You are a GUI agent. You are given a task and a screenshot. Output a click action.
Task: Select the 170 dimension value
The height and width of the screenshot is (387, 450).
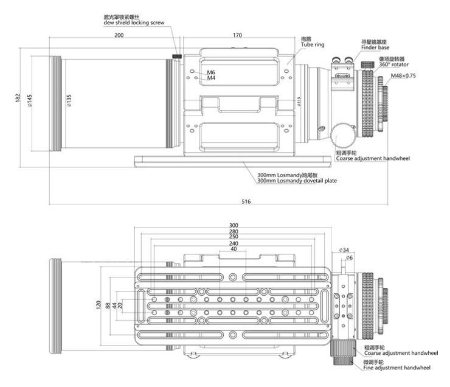tap(238, 36)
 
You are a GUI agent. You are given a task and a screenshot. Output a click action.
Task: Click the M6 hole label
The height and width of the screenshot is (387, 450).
tap(211, 72)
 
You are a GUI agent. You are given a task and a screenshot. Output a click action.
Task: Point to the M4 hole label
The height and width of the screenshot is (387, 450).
tap(211, 78)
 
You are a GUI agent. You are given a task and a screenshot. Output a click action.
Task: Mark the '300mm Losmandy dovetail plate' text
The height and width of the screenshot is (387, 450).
tap(297, 181)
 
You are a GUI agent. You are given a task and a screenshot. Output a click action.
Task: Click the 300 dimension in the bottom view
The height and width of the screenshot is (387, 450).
tap(234, 225)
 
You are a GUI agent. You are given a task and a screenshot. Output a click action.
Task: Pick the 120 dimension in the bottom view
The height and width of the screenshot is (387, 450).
tap(99, 304)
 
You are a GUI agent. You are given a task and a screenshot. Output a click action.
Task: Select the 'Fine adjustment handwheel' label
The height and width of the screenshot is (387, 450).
tap(397, 368)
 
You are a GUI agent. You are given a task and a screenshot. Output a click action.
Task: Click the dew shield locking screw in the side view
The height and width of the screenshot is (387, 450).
tap(177, 57)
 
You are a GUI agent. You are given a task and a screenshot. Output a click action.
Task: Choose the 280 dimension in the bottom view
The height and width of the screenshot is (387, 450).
tap(234, 231)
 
